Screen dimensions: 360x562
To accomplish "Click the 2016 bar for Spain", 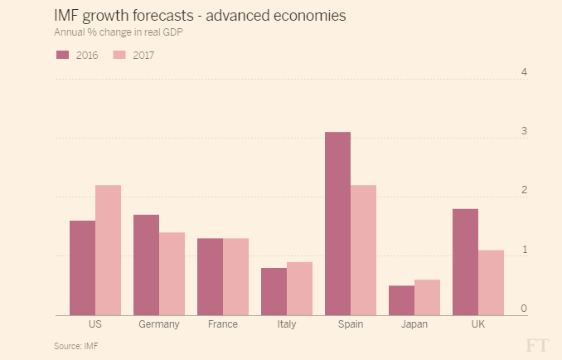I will coord(337,224).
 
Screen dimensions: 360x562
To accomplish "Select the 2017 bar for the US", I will coord(108,251).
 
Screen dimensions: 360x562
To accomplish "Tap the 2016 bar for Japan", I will coord(401,300).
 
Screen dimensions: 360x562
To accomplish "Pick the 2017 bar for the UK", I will coord(491,283).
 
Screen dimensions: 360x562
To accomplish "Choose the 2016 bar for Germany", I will coord(146,265).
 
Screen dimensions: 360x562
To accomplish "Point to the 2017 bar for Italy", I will coord(299,289).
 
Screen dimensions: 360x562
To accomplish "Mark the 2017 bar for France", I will coord(235,277).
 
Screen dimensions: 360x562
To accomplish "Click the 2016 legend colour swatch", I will coord(62,55).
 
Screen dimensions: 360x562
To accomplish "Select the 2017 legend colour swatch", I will coord(119,55).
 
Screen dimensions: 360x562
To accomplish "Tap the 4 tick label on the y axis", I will coord(524,72).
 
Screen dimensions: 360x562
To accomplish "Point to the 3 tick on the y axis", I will coord(524,131).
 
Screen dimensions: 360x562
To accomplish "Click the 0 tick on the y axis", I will coord(524,309).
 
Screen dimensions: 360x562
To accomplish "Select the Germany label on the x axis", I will coord(159,324).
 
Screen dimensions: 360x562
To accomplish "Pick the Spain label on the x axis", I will coord(350,324).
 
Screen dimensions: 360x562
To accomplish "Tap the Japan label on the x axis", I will coord(414,324).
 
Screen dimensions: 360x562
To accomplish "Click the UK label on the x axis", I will coord(478,324).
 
